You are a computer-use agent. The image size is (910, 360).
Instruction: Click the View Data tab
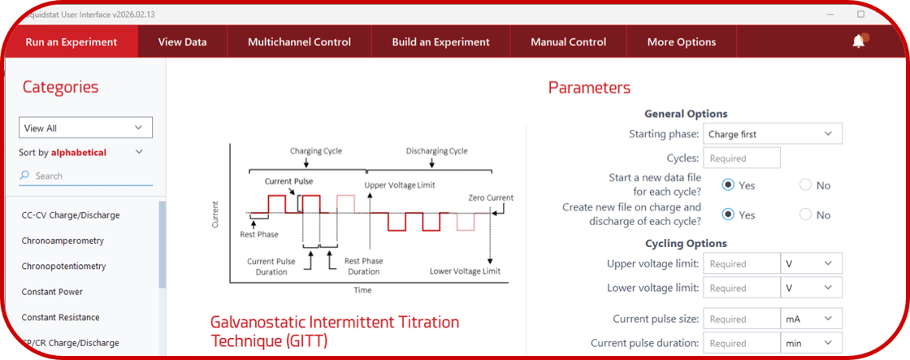[182, 42]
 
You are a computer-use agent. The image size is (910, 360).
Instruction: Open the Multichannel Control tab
[299, 42]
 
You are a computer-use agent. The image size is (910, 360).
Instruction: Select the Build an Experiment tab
[440, 42]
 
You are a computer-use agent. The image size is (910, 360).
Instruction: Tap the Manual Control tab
[568, 42]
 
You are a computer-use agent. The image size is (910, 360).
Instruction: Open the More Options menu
[681, 42]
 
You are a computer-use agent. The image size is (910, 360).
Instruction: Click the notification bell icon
[859, 41]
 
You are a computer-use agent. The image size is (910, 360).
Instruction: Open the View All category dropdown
[85, 128]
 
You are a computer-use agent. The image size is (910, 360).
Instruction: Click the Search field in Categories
[89, 176]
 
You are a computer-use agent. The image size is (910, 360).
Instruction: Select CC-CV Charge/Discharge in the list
[71, 215]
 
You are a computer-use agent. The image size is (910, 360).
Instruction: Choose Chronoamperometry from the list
[63, 241]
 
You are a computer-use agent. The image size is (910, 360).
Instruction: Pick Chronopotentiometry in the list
[63, 266]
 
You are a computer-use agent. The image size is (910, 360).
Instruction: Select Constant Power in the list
[52, 292]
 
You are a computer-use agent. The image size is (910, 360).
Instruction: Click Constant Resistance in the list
[60, 317]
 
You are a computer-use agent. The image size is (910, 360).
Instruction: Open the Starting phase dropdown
[771, 133]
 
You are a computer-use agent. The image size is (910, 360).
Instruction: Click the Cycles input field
[741, 158]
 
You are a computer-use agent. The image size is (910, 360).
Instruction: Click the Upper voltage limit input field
[741, 263]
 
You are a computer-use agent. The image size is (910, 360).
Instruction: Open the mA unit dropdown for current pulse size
[810, 319]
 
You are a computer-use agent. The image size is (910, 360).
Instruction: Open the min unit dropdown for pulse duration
[810, 343]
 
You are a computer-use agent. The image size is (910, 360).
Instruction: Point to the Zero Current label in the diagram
[491, 197]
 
